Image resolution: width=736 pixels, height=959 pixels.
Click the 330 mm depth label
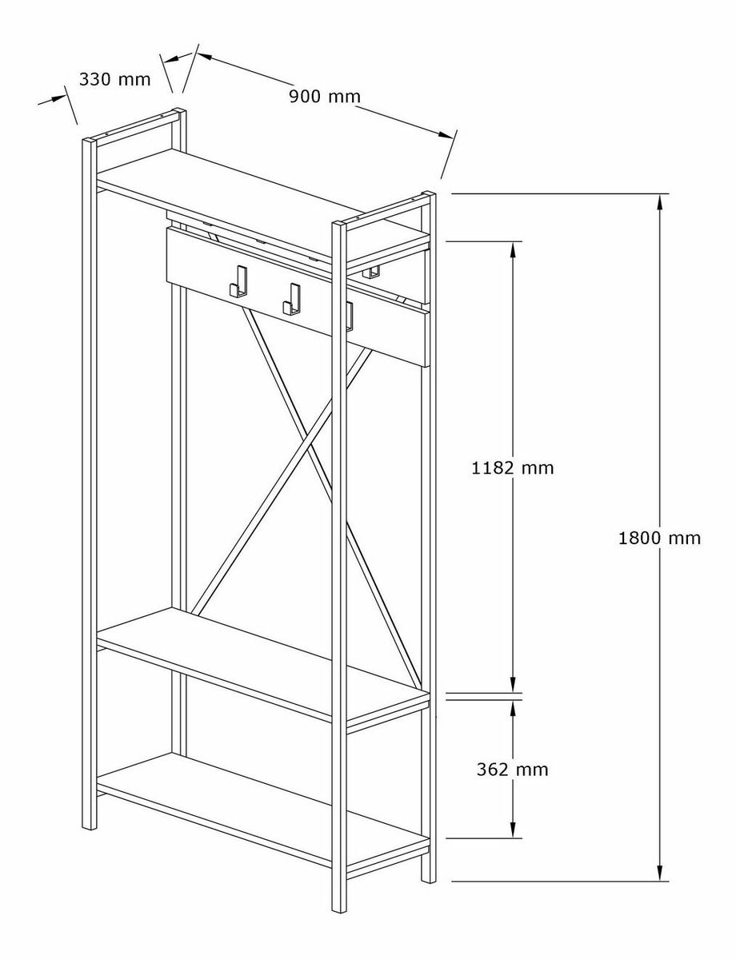click(x=115, y=79)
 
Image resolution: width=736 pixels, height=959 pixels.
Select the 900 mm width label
click(x=325, y=97)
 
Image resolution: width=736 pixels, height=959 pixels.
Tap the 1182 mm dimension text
click(x=513, y=468)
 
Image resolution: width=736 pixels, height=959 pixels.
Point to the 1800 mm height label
click(x=659, y=539)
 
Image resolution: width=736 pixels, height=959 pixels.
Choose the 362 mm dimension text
click(x=513, y=770)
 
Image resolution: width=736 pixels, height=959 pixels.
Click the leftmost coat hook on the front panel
click(x=239, y=282)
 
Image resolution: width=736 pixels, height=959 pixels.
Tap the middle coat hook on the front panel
click(x=292, y=300)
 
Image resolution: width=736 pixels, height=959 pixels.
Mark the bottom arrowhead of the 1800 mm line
click(x=659, y=873)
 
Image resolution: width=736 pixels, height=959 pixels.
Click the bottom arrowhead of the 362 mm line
click(x=513, y=830)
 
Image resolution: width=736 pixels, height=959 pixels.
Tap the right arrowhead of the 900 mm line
click(x=446, y=135)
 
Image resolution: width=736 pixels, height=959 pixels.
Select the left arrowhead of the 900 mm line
click(x=205, y=57)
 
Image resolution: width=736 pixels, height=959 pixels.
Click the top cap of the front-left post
click(x=90, y=141)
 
